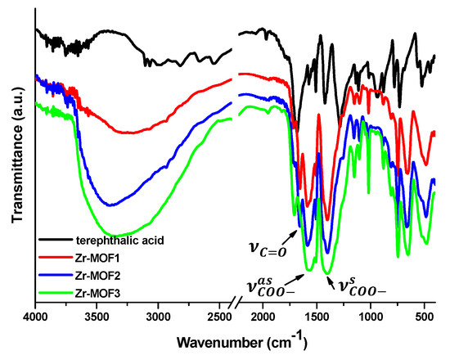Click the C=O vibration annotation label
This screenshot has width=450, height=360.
[x=268, y=247]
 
